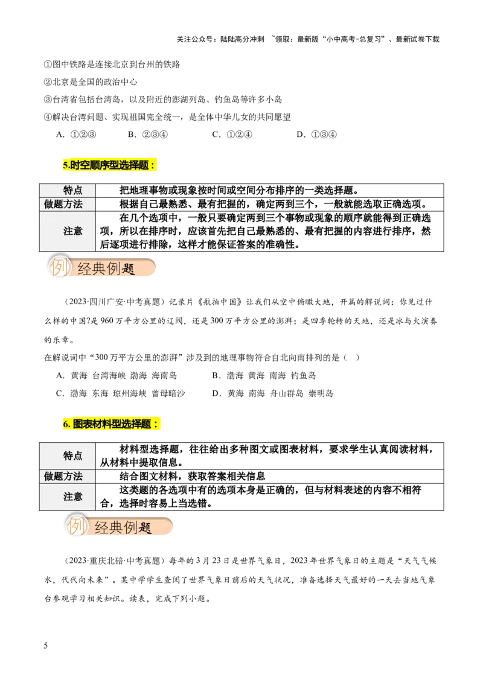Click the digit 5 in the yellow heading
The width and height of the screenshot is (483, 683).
point(65,165)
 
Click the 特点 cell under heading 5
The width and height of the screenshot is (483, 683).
point(73,190)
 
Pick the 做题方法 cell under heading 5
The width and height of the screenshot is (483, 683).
point(63,205)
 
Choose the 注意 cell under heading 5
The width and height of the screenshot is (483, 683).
point(73,231)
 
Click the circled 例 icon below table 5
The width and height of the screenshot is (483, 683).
point(59,267)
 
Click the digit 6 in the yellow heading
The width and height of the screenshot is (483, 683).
point(66,425)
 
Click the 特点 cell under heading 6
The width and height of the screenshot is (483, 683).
point(73,456)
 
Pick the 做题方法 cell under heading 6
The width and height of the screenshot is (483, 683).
point(63,477)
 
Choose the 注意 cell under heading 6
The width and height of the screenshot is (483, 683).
point(73,497)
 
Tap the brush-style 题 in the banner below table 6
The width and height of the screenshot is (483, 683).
point(146,529)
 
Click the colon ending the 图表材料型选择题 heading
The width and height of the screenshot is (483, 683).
point(156,425)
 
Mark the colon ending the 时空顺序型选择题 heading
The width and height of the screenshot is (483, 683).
point(153,165)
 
